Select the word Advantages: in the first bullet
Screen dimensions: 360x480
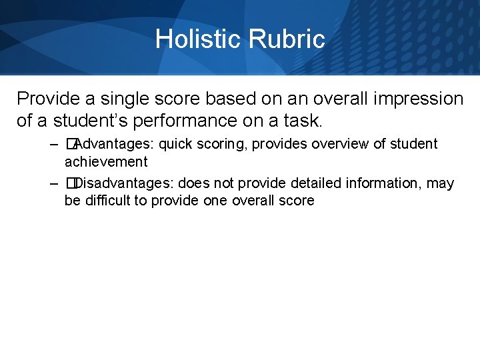114,144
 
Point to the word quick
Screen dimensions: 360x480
177,144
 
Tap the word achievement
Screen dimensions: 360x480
106,161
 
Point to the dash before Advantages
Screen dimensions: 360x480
53,144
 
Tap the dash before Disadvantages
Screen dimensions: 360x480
53,183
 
